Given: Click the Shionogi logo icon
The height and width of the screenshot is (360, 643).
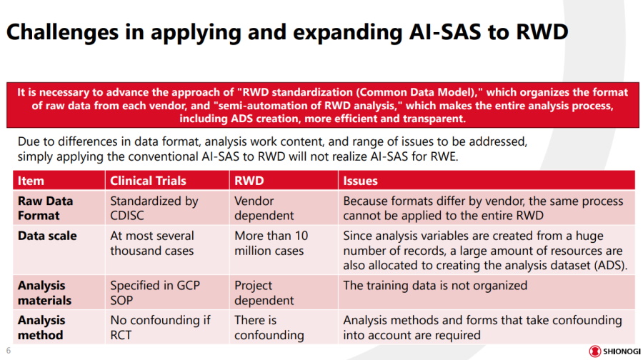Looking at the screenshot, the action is click(x=594, y=351).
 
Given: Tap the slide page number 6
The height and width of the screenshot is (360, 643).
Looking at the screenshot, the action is click(x=8, y=351).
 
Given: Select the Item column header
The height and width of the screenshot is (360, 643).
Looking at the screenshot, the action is click(x=31, y=181).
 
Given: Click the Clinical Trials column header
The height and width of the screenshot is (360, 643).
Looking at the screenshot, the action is click(x=148, y=181).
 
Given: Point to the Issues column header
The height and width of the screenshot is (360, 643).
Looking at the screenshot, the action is click(x=361, y=181).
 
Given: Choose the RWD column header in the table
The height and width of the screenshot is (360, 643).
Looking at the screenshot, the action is click(x=249, y=181).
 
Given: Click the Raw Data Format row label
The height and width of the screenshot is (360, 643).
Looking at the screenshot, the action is click(x=46, y=209).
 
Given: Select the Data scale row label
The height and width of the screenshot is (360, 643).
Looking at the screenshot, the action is click(x=47, y=236).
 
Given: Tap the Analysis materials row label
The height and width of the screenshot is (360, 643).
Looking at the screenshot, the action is click(x=44, y=293).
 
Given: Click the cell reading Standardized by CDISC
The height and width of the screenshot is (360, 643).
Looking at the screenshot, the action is click(x=154, y=209).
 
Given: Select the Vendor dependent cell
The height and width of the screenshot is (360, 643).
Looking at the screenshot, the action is click(x=264, y=209).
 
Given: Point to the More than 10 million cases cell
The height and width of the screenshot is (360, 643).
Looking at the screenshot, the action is click(x=271, y=243).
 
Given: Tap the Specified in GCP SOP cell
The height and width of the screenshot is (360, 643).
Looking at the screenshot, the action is click(x=155, y=293).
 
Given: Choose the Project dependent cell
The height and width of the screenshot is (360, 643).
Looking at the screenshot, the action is click(x=264, y=293).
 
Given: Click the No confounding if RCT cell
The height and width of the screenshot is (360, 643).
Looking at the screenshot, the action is click(x=160, y=328).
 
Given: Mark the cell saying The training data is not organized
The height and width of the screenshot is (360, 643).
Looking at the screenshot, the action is click(x=435, y=286).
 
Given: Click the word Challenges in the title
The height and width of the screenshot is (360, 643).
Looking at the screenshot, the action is click(x=63, y=32).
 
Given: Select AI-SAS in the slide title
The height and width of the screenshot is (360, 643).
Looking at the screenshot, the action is click(x=445, y=31).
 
